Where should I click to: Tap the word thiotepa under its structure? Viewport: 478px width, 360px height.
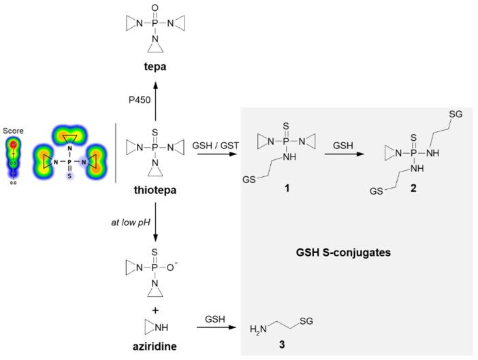coord(156,191)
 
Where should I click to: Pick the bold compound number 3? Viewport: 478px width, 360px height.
coord(281,346)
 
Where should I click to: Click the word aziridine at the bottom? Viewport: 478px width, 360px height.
coord(156,346)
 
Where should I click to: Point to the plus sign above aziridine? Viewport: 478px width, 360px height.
coord(156,306)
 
